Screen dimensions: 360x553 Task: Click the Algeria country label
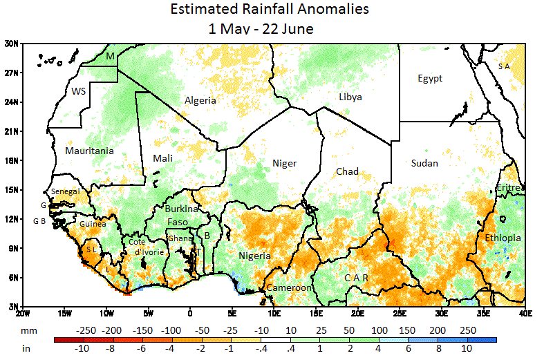(x=200, y=101)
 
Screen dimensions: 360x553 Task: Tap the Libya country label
(x=350, y=97)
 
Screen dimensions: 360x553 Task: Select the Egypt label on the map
(x=430, y=79)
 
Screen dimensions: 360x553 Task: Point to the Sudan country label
(x=424, y=163)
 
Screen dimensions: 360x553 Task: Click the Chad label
(x=347, y=171)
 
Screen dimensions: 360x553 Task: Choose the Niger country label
(x=284, y=164)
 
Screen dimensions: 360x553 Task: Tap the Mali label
(x=162, y=159)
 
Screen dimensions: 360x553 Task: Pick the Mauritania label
(x=89, y=151)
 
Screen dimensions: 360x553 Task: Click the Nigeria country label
(x=254, y=256)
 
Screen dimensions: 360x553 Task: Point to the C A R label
(x=356, y=278)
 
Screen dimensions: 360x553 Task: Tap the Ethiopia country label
(x=503, y=238)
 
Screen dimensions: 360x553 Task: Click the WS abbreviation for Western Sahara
(x=78, y=91)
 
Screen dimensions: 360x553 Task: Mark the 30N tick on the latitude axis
(x=11, y=44)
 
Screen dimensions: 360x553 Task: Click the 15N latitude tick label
(x=11, y=189)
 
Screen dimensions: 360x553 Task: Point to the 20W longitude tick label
(x=23, y=312)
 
